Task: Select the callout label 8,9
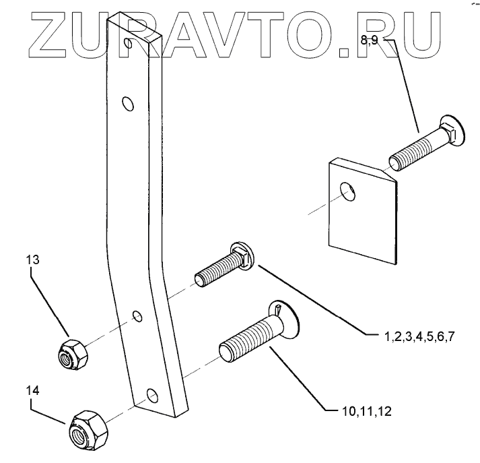[x=370, y=40]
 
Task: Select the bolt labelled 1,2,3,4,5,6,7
[x=221, y=268]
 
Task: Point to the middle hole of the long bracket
[x=137, y=315]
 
